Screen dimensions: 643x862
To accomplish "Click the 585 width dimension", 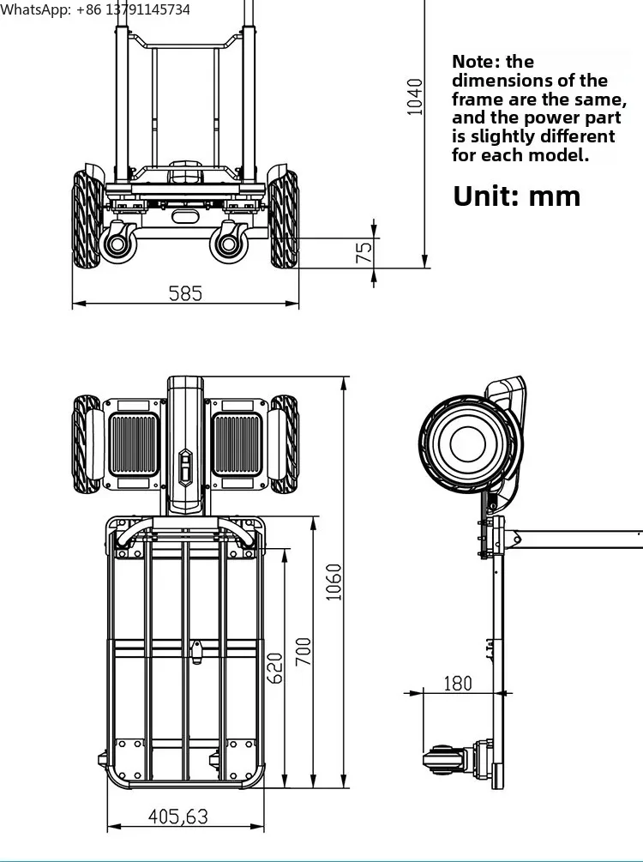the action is pyautogui.click(x=185, y=293).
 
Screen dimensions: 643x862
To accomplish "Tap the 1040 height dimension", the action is pyautogui.click(x=415, y=97).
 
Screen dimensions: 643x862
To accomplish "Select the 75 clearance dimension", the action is pyautogui.click(x=364, y=252).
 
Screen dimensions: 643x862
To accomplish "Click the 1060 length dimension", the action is pyautogui.click(x=334, y=582).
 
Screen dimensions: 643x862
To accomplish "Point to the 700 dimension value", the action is pyautogui.click(x=303, y=652).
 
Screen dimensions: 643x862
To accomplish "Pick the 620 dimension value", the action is pyautogui.click(x=274, y=668).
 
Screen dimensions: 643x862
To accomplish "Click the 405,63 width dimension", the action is pyautogui.click(x=178, y=817).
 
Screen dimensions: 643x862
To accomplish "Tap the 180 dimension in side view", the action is pyautogui.click(x=458, y=684).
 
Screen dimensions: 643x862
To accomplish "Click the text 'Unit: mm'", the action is pyautogui.click(x=517, y=196).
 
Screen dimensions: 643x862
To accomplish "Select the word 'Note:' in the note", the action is pyautogui.click(x=476, y=62).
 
